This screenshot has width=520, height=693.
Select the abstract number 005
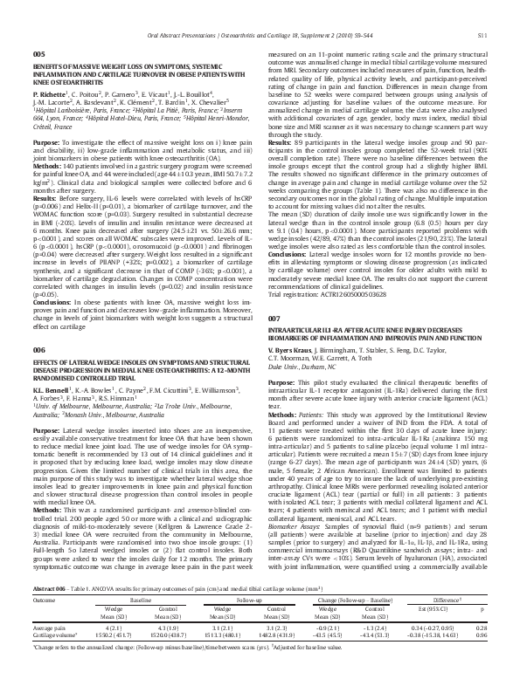pos(38,54)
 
